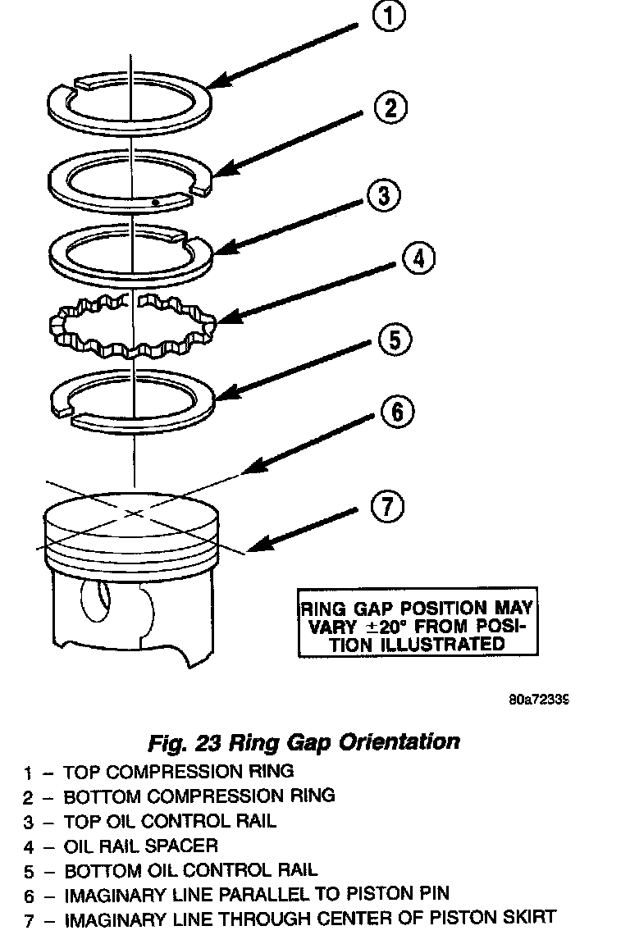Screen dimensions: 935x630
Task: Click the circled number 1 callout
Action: pos(388,17)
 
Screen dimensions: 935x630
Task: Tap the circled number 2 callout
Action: pos(391,108)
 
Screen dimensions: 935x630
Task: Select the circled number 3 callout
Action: pos(384,195)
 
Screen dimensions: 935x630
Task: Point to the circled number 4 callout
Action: pos(418,258)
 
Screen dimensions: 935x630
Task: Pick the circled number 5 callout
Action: pos(395,339)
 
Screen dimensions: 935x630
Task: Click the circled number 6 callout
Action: pos(397,412)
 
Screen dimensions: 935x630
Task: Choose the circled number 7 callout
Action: pos(387,508)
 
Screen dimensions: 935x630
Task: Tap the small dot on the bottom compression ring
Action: pos(154,200)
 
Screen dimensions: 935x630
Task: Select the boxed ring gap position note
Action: pos(417,626)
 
